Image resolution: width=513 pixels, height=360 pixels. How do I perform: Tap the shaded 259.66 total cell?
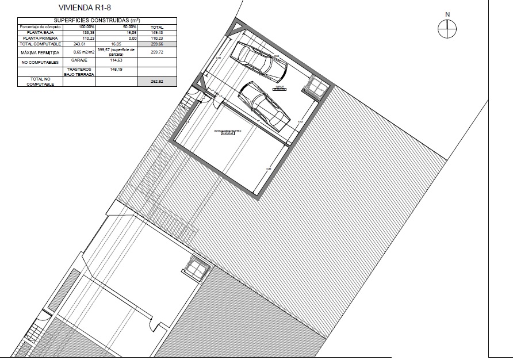point(156,44)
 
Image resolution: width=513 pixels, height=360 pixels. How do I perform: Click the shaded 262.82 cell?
point(156,82)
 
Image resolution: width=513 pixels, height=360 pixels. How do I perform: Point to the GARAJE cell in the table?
point(79,60)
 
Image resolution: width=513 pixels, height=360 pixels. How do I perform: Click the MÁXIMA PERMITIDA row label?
point(39,52)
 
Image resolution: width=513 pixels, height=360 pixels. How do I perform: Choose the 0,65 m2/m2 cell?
point(79,52)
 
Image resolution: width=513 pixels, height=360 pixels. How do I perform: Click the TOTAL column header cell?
point(156,26)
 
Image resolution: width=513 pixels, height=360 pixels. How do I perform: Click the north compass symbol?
point(447,29)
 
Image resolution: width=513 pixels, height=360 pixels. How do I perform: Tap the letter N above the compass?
point(447,14)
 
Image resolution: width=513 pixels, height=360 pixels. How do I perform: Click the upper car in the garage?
point(259,62)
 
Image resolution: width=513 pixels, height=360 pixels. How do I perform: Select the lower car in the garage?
point(265,104)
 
